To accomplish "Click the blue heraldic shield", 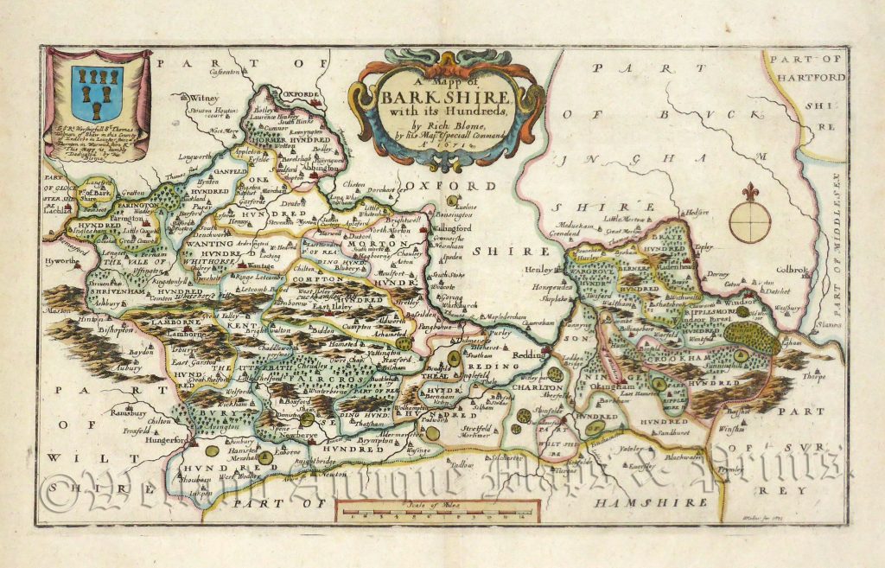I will tap(97, 93).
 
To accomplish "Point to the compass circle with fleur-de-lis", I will tap(749, 218).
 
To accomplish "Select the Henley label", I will tap(536, 269).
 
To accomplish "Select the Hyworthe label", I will tap(60, 258).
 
